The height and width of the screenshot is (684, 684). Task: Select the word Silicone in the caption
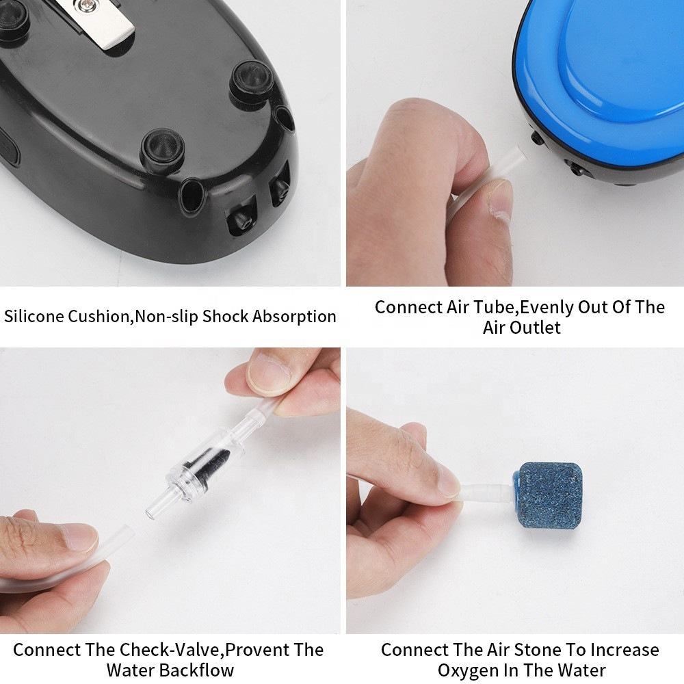tap(34, 316)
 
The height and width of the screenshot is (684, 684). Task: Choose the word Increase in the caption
tap(625, 650)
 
